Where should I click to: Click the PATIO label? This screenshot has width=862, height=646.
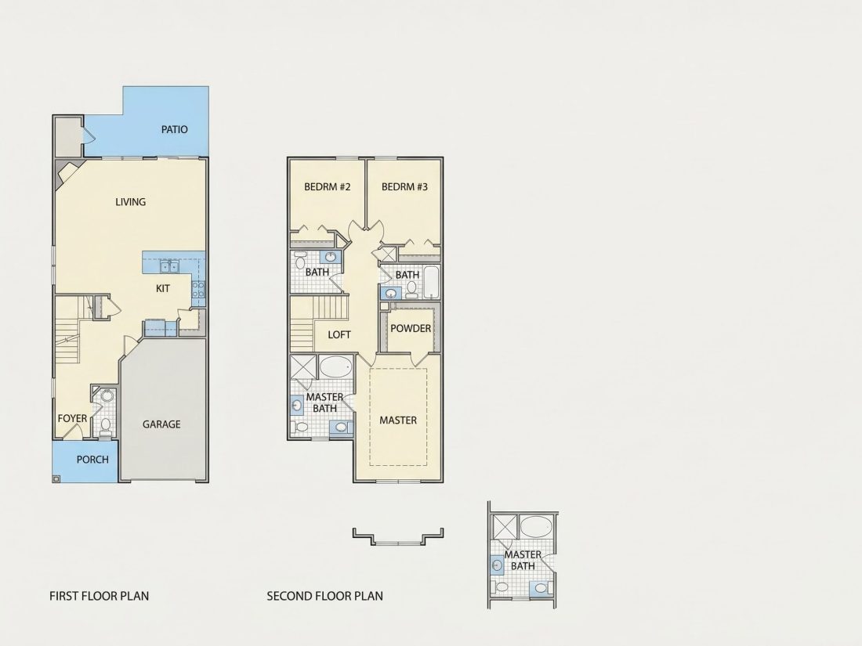point(174,130)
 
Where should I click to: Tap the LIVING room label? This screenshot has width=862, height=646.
point(130,202)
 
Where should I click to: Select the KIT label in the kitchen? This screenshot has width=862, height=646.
point(163,288)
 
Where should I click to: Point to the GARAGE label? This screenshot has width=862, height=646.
point(161,424)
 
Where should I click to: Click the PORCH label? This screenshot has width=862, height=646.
point(92,459)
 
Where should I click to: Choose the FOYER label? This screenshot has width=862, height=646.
point(73,419)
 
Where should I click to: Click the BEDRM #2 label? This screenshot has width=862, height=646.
point(327,187)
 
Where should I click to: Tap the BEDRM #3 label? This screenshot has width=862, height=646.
point(404,187)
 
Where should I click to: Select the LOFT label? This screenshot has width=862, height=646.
point(339,334)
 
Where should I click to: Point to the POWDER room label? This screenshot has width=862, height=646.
point(411,329)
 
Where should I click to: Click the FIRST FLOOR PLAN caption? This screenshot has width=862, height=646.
point(99,596)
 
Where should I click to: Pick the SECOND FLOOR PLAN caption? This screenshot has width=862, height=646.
point(325,596)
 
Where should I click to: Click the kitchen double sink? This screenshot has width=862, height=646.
point(168,266)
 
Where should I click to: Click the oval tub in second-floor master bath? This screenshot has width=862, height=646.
point(335,367)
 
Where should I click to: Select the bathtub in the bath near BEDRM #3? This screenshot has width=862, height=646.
point(432,283)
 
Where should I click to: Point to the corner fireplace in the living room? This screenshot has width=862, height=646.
point(67,175)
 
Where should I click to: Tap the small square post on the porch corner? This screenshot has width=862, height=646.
point(56,478)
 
